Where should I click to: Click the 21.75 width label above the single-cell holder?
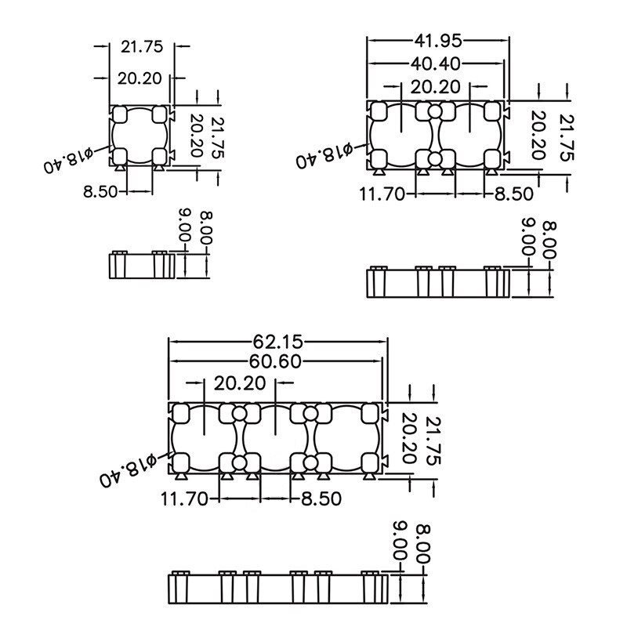coord(142,46)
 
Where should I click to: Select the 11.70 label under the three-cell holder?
coord(185,498)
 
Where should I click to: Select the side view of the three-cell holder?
coord(278,587)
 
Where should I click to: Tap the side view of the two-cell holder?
coord(438,281)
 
